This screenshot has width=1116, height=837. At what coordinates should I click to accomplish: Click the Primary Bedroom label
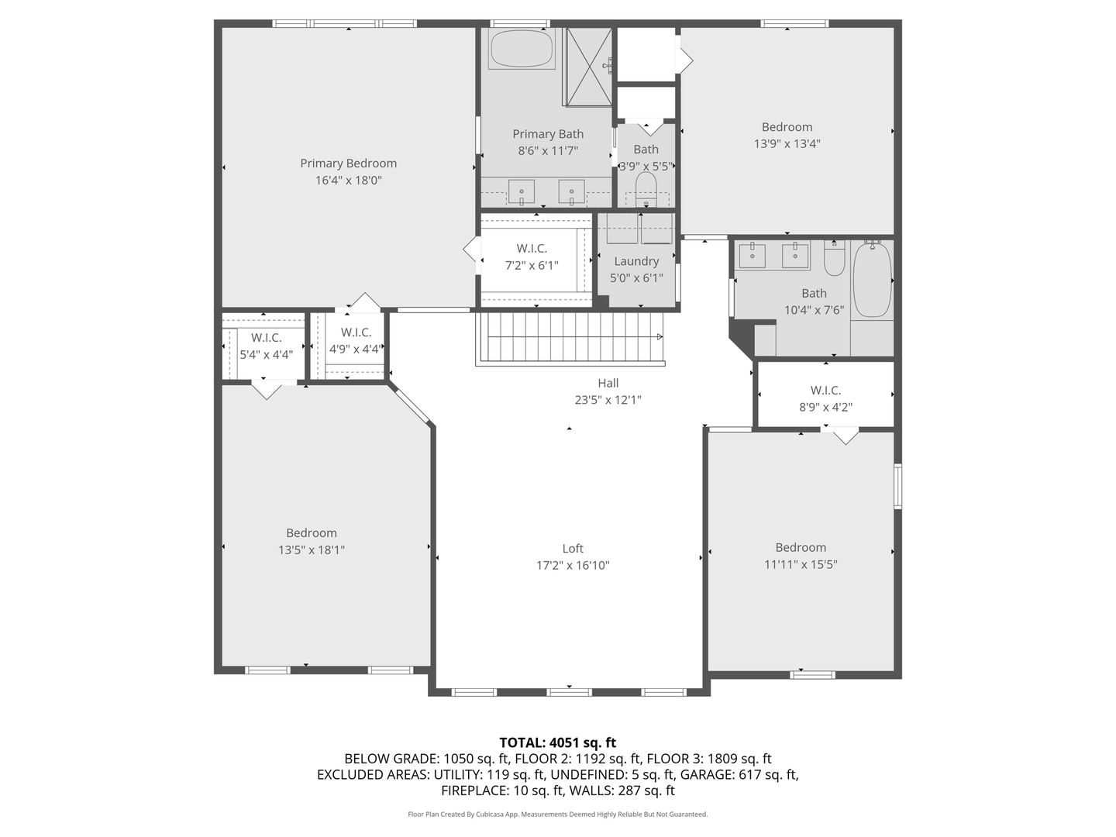(x=348, y=164)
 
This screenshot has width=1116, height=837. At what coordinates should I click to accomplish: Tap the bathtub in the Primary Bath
(x=522, y=49)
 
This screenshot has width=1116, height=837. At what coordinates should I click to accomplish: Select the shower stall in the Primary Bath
(x=588, y=66)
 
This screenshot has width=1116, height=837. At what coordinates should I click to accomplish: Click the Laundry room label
(x=636, y=262)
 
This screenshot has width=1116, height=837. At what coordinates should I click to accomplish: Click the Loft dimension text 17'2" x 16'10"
(x=573, y=566)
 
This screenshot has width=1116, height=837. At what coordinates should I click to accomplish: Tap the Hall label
(x=608, y=383)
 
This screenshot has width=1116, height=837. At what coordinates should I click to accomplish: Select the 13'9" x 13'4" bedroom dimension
(x=787, y=144)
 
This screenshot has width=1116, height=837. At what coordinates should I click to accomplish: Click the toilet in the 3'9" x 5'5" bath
(x=646, y=186)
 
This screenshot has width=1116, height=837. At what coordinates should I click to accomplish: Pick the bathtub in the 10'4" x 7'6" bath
(x=872, y=280)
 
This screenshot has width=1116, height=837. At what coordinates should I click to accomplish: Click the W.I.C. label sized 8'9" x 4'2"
(x=825, y=391)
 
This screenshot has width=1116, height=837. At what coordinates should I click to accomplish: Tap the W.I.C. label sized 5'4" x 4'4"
(x=266, y=338)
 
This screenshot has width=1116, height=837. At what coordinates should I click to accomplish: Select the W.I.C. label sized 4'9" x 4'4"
(x=356, y=332)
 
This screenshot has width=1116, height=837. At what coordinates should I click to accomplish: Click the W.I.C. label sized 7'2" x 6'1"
(x=532, y=249)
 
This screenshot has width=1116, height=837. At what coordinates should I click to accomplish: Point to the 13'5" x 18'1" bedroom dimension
(x=312, y=550)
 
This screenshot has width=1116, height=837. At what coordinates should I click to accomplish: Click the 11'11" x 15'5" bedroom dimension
(x=801, y=565)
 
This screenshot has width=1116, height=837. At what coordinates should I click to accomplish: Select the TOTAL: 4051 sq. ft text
(x=557, y=742)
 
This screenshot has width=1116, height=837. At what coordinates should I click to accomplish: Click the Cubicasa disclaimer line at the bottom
(x=557, y=815)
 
